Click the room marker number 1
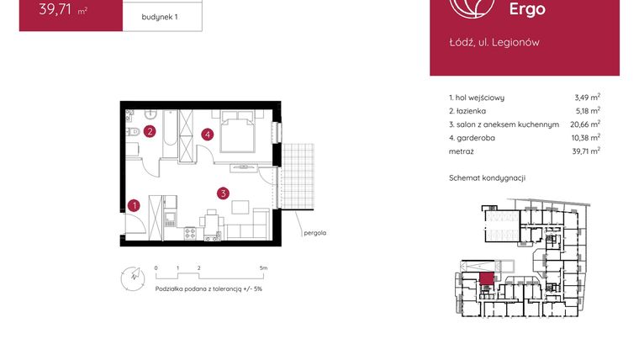point(135,204)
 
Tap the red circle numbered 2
point(149,131)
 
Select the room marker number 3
point(222,193)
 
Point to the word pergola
point(315,233)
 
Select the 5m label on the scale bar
point(263,267)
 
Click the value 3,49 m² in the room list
point(585,98)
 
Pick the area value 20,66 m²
point(583,124)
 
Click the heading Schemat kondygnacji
point(488,178)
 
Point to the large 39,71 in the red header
point(49,10)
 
